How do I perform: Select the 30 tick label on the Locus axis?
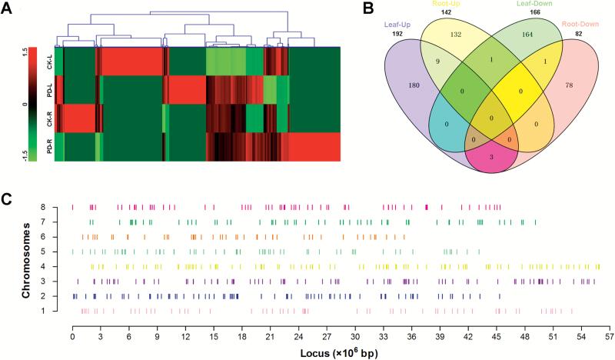tap(355, 336)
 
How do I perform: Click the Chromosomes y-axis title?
tap(27, 259)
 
